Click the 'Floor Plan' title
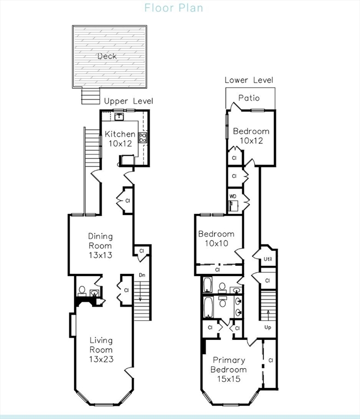point(173,8)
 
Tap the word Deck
point(107,56)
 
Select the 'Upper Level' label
point(129,101)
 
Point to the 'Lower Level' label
point(249,80)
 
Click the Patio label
point(249,98)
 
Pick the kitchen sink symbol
point(119,117)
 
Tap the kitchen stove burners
point(142,137)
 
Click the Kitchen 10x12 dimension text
point(120,143)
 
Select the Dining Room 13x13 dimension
point(100,255)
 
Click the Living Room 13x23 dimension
point(101,359)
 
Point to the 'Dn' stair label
point(142,275)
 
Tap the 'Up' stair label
point(268,327)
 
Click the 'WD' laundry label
point(232,196)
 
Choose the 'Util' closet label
point(268,259)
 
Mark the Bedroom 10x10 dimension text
point(217,243)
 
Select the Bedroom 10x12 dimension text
point(251,141)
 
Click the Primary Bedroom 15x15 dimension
point(229,379)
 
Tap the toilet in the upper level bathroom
point(82,291)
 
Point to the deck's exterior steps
point(91,96)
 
